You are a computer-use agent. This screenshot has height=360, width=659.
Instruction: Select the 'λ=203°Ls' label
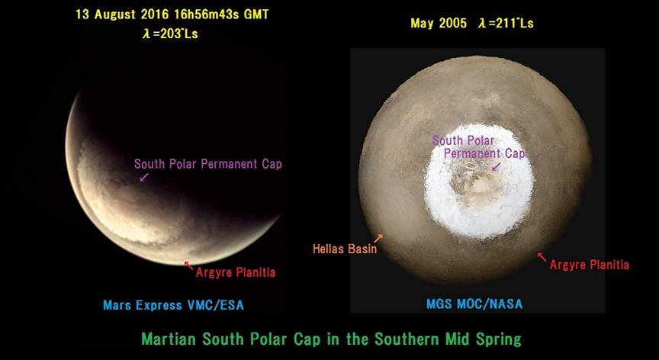click(x=171, y=34)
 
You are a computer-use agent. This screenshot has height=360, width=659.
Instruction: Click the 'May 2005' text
click(x=439, y=23)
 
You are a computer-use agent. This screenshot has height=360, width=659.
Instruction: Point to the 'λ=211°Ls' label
click(x=506, y=23)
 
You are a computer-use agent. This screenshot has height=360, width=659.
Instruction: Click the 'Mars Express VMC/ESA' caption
click(x=174, y=305)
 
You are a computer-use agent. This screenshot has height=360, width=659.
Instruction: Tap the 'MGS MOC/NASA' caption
click(x=474, y=304)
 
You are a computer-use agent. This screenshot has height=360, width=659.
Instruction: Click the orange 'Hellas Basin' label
click(x=345, y=249)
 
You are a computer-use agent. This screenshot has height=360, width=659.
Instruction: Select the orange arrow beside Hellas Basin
click(x=378, y=238)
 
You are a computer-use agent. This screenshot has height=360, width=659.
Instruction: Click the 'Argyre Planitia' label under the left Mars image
click(x=236, y=272)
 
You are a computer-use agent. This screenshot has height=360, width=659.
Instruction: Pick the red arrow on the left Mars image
click(x=188, y=265)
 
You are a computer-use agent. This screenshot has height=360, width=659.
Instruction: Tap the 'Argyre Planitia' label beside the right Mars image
click(x=590, y=265)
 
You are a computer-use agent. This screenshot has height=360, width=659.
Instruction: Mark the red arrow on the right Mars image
click(x=542, y=257)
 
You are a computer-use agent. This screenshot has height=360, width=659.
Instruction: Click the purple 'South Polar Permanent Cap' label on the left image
click(x=208, y=164)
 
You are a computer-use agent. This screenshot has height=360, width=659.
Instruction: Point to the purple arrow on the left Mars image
click(x=144, y=177)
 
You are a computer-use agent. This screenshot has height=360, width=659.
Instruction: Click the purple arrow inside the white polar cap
click(x=496, y=167)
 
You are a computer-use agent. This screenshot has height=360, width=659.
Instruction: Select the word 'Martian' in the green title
click(x=169, y=339)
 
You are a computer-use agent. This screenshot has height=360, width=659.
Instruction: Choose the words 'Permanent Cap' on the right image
click(x=484, y=154)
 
